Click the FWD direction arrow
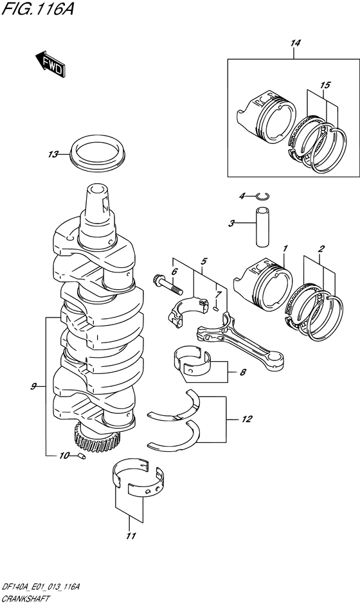pos(51,64)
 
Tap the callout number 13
pos(53,155)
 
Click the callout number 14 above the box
pos(294,43)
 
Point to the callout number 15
pos(325,85)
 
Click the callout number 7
pos(218,294)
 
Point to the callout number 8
pos(242,373)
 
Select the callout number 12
pos(248,419)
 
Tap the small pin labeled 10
pos(82,456)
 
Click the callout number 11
pos(131,536)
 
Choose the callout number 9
pos(34,386)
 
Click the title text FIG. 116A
pos(37,8)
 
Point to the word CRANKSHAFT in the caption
pos(25,599)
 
